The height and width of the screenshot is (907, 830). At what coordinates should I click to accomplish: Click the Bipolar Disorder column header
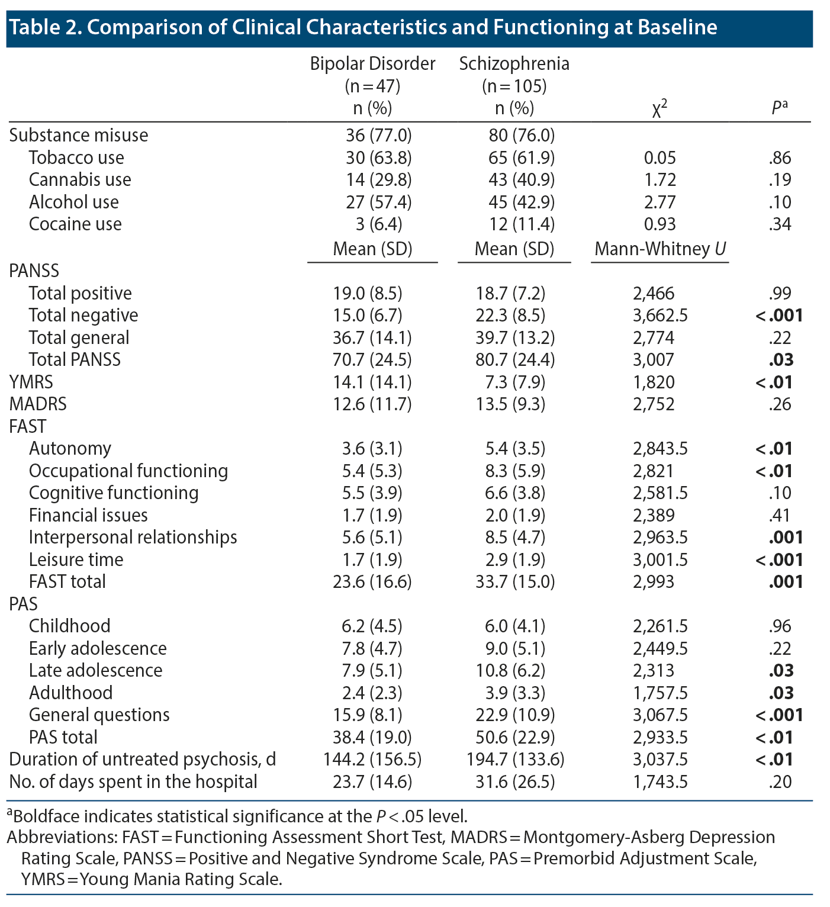(x=372, y=64)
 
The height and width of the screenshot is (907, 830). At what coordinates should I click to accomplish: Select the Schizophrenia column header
(x=514, y=64)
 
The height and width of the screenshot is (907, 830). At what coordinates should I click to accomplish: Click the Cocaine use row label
(x=75, y=224)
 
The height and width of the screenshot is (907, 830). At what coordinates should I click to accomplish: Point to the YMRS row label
(x=31, y=382)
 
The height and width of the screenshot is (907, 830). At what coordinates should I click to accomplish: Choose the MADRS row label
(x=38, y=404)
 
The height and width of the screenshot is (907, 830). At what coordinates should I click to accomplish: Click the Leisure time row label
(x=76, y=559)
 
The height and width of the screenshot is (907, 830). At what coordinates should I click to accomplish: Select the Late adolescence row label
(x=95, y=670)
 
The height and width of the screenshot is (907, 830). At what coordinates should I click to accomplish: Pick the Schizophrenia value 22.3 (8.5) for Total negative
(x=514, y=316)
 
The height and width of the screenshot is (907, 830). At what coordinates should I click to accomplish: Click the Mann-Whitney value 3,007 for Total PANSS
(x=654, y=360)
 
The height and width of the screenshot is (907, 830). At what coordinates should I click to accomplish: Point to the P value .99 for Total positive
(x=780, y=294)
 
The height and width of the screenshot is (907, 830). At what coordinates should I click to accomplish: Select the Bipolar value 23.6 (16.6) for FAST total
(x=372, y=582)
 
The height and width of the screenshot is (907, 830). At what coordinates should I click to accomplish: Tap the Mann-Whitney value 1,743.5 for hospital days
(x=660, y=781)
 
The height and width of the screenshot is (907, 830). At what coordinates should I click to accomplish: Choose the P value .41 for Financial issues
(x=780, y=515)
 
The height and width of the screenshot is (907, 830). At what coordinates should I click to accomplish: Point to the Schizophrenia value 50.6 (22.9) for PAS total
(x=514, y=737)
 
